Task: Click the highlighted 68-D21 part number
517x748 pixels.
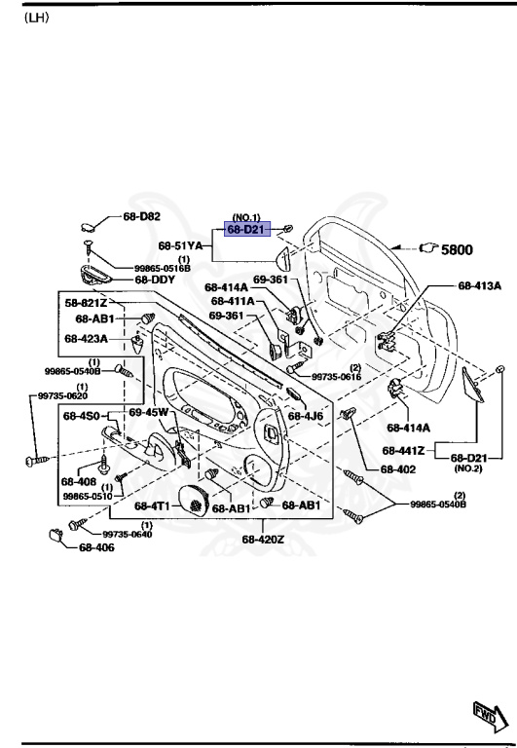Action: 245,229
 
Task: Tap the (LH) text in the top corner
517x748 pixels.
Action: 37,18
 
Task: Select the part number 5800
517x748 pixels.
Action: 457,249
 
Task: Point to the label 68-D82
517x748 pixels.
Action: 142,215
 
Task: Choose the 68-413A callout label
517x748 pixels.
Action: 479,286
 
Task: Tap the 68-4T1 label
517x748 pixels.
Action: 154,506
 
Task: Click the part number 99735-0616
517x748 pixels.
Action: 337,377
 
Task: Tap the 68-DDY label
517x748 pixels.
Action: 155,280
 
